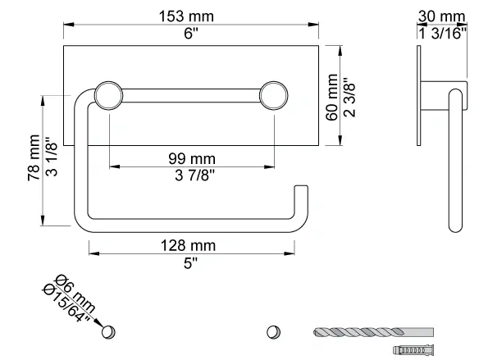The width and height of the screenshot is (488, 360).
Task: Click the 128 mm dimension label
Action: tap(189, 245)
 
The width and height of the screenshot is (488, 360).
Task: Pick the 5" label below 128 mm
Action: tap(189, 262)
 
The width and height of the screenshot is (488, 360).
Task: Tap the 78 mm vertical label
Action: tap(33, 159)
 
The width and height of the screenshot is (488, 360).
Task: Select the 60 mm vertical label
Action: tap(332, 96)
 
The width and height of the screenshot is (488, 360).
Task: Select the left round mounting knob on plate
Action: tap(107, 95)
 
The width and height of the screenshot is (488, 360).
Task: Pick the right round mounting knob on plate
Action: tap(272, 95)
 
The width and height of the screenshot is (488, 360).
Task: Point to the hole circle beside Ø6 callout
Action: tap(107, 333)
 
